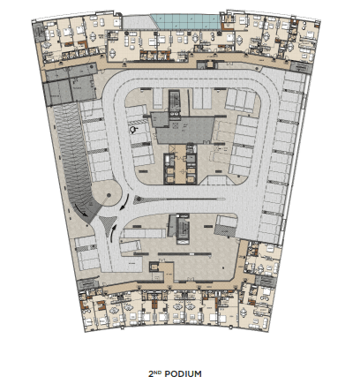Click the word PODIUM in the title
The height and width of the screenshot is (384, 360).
pyautogui.click(x=183, y=373)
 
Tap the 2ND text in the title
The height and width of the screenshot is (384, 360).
pyautogui.click(x=155, y=373)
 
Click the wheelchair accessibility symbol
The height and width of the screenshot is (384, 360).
pyautogui.click(x=134, y=130)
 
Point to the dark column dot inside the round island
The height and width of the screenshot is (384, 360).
pyautogui.click(x=109, y=195)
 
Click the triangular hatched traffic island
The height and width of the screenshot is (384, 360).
pyautogui.click(x=108, y=225)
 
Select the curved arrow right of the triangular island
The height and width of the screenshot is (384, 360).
pyautogui.click(x=113, y=233)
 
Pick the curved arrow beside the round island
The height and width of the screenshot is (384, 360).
pyautogui.click(x=125, y=202)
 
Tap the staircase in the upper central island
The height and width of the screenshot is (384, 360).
pyautogui.click(x=175, y=102)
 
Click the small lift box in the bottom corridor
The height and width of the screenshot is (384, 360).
pyautogui.click(x=154, y=267)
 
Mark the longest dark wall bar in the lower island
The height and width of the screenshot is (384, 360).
pyautogui.click(x=184, y=253)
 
